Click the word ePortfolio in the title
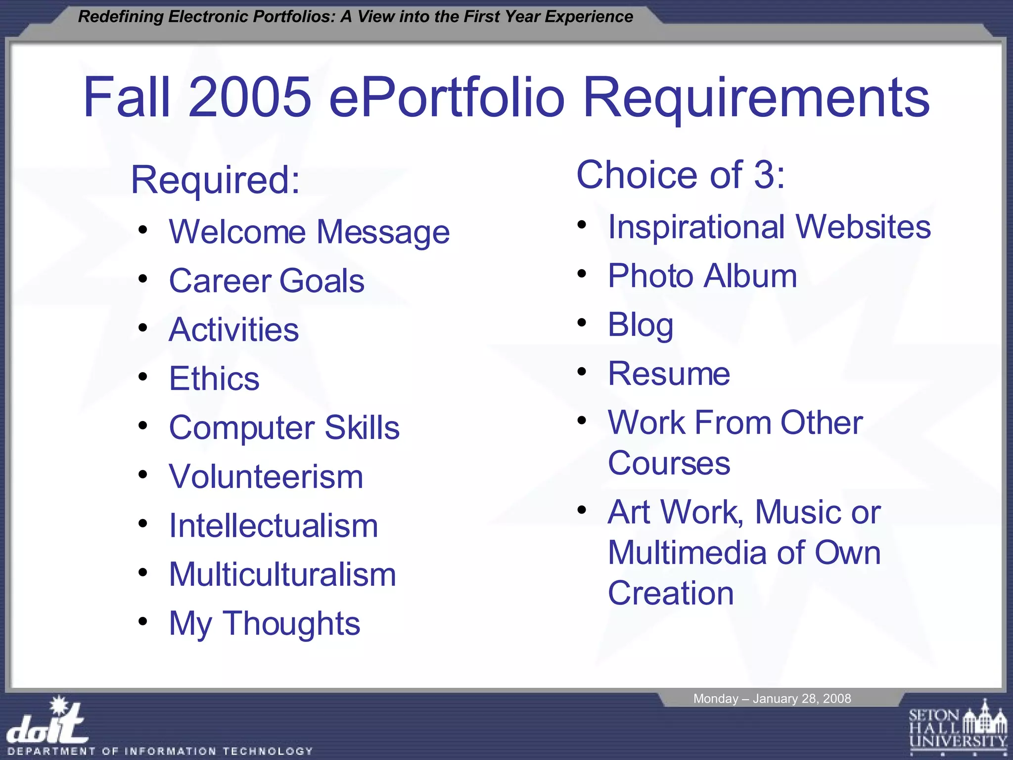click(x=446, y=97)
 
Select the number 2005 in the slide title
click(x=250, y=97)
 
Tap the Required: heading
click(x=216, y=180)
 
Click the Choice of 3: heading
click(x=681, y=175)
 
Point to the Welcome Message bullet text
click(x=309, y=232)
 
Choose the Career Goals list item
click(x=267, y=281)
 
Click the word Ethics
click(x=214, y=379)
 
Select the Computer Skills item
click(x=284, y=427)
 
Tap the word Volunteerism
click(x=266, y=476)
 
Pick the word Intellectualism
click(x=274, y=525)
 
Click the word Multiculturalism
click(x=282, y=574)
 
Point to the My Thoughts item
click(x=265, y=623)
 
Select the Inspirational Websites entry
click(x=769, y=227)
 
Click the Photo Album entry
click(x=702, y=276)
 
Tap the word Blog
click(x=641, y=325)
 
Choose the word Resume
click(x=669, y=374)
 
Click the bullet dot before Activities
click(x=143, y=328)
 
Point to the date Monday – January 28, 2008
click(x=772, y=699)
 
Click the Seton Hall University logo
click(x=958, y=728)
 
